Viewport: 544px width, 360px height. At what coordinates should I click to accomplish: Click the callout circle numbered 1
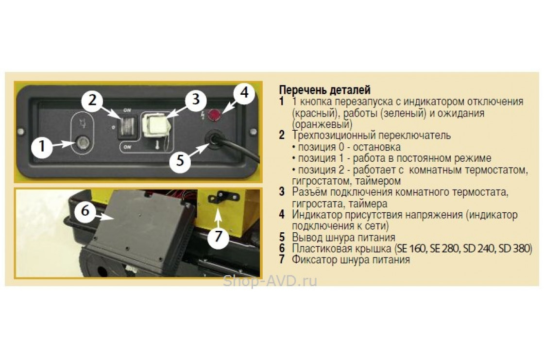tap(42, 146)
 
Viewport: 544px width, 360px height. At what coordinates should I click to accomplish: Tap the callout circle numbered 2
tap(92, 100)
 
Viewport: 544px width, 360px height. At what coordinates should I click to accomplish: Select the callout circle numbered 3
tap(196, 99)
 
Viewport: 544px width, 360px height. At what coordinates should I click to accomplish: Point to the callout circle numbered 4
tap(244, 93)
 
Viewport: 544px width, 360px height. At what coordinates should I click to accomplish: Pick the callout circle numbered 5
tap(180, 161)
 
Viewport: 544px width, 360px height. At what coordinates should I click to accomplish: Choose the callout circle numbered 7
tap(218, 237)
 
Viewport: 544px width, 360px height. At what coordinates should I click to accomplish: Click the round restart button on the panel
tap(83, 142)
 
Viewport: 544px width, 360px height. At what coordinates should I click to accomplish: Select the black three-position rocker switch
tap(127, 126)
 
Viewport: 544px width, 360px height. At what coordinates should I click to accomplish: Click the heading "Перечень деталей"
tap(325, 90)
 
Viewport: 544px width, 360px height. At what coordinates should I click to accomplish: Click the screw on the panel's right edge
tap(253, 131)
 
